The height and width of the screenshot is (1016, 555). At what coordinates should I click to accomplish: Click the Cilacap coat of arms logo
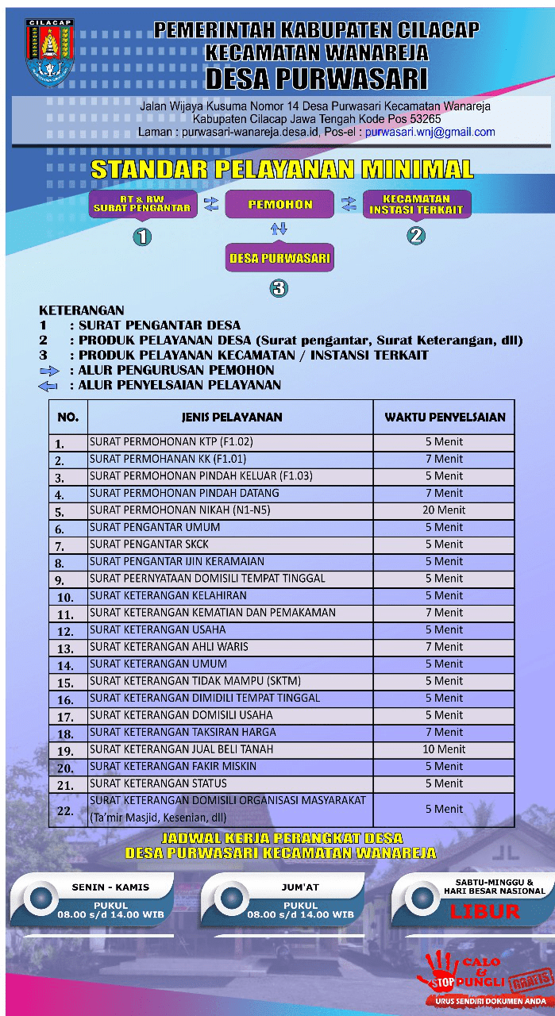pyautogui.click(x=49, y=52)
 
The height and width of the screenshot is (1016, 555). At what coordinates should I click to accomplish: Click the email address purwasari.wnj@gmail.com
pyautogui.click(x=430, y=133)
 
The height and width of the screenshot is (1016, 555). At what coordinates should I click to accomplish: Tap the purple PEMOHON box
pyautogui.click(x=279, y=204)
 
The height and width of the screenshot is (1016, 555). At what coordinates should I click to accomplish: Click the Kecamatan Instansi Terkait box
pyautogui.click(x=416, y=205)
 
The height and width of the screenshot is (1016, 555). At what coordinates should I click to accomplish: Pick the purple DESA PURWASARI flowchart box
pyautogui.click(x=279, y=258)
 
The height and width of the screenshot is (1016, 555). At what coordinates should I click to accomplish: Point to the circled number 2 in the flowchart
pyautogui.click(x=416, y=235)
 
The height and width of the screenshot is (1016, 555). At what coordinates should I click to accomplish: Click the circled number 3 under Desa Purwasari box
pyautogui.click(x=279, y=288)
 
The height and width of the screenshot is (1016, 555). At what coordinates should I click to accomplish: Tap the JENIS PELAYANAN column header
pyautogui.click(x=231, y=417)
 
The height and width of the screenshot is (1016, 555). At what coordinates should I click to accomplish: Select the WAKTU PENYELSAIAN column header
pyautogui.click(x=444, y=417)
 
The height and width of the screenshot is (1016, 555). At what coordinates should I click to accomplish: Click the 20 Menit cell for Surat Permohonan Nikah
pyautogui.click(x=444, y=510)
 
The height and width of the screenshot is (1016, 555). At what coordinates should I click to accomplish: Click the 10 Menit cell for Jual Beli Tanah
pyautogui.click(x=444, y=749)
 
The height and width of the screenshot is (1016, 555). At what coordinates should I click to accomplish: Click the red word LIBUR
pyautogui.click(x=484, y=910)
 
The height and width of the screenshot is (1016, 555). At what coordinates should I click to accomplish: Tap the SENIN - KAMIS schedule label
pyautogui.click(x=110, y=887)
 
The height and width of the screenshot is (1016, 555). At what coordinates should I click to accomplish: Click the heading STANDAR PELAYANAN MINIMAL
pyautogui.click(x=282, y=169)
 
